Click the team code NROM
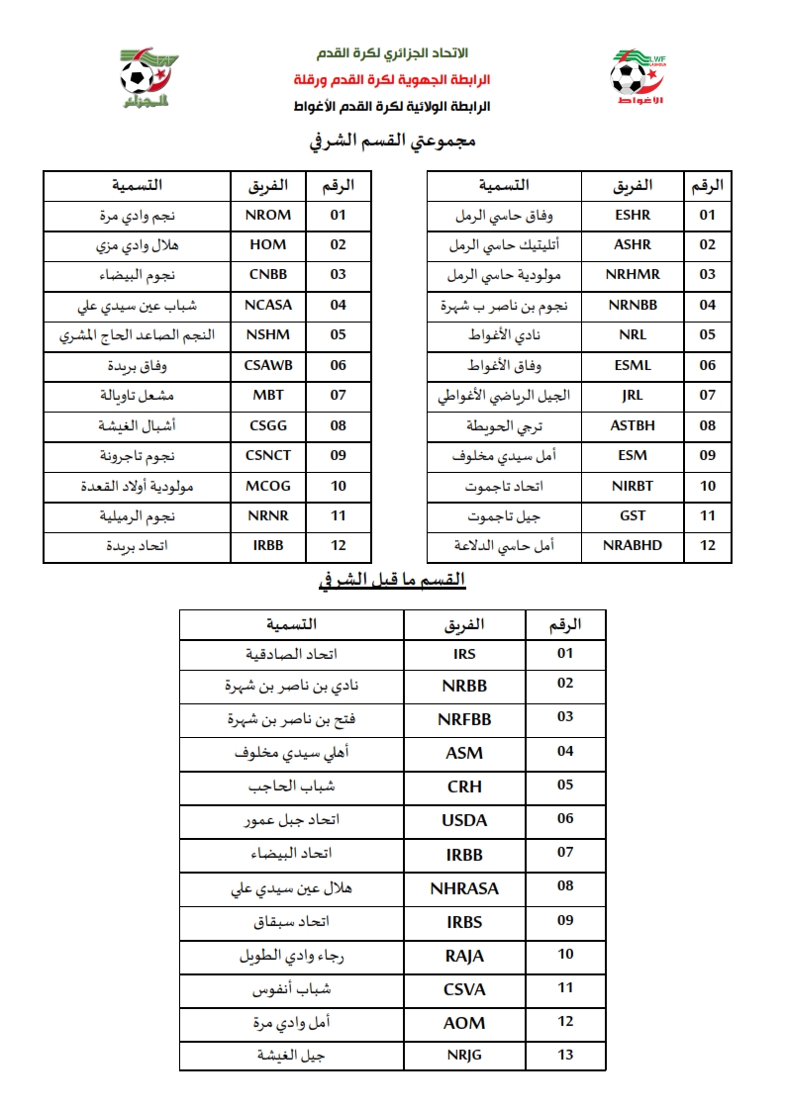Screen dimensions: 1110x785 pyautogui.click(x=267, y=215)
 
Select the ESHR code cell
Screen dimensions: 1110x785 pyautogui.click(x=633, y=215)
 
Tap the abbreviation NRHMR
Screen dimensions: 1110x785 pyautogui.click(x=633, y=275)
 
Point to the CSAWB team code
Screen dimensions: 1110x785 pyautogui.click(x=267, y=365)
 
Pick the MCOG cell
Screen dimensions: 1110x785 pyautogui.click(x=267, y=486)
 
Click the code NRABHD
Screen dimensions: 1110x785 pyautogui.click(x=633, y=545)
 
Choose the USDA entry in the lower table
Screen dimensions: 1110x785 pyautogui.click(x=463, y=820)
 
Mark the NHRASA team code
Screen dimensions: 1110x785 pyautogui.click(x=463, y=888)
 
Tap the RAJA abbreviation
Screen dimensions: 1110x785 pyautogui.click(x=463, y=956)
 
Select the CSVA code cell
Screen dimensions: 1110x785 pyautogui.click(x=463, y=989)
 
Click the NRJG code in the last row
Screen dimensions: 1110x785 pyautogui.click(x=463, y=1056)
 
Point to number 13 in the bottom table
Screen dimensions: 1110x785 pyautogui.click(x=565, y=1055)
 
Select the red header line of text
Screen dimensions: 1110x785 pyautogui.click(x=392, y=78)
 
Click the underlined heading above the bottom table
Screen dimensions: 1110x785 pyautogui.click(x=393, y=581)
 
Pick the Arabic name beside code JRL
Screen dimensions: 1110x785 pyautogui.click(x=505, y=396)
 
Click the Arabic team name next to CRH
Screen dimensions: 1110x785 pyautogui.click(x=291, y=786)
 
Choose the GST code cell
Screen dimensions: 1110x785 pyautogui.click(x=633, y=515)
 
